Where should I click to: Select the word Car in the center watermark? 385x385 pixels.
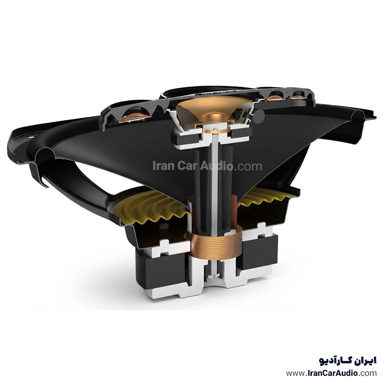pos(187,166)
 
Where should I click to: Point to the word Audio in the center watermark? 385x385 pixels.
pos(216,166)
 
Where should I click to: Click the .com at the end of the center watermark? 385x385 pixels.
pos(248,166)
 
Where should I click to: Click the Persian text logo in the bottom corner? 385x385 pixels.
pos(347,360)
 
